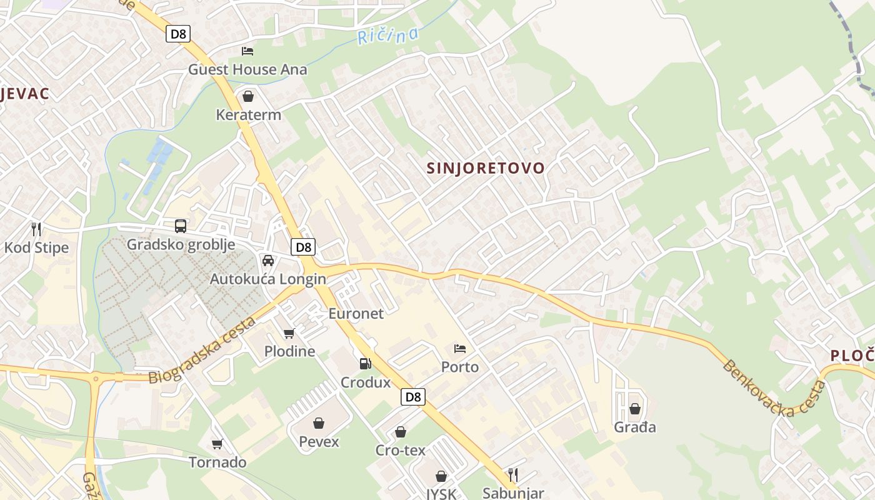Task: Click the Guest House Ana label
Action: point(247,69)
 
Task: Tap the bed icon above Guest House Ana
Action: point(247,51)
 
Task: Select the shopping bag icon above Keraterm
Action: point(248,96)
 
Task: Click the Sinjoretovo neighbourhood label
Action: point(486,168)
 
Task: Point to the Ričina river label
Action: point(387,36)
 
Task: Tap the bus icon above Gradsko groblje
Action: point(181,226)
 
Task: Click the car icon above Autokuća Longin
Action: point(267,261)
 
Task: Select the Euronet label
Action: point(356,313)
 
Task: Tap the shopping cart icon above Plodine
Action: point(289,333)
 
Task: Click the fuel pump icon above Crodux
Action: point(365,363)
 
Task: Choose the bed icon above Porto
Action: point(460,348)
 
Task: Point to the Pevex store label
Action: point(319,442)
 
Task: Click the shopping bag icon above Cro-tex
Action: point(400,432)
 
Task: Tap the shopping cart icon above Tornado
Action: point(217,444)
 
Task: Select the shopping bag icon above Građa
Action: point(635,409)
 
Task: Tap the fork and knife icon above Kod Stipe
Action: point(36,229)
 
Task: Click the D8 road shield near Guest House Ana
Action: point(178,34)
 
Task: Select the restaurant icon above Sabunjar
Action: point(513,474)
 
